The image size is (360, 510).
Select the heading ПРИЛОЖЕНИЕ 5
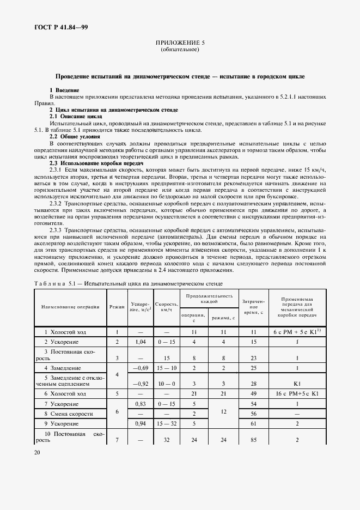coord(180,42)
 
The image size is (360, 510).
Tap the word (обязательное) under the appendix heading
coord(180,50)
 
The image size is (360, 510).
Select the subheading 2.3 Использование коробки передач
coord(96,163)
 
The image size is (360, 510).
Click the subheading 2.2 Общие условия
coord(75,136)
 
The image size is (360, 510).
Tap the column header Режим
coord(117,307)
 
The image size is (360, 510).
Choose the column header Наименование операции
coord(70,307)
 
